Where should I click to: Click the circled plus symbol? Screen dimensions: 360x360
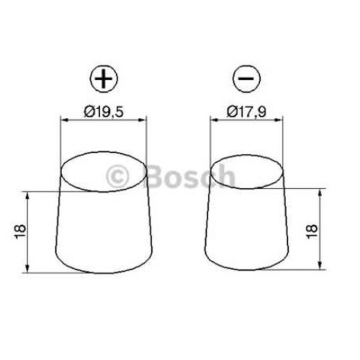103,81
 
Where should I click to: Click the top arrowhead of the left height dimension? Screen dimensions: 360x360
27,195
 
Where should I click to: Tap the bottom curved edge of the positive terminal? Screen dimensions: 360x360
103,273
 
